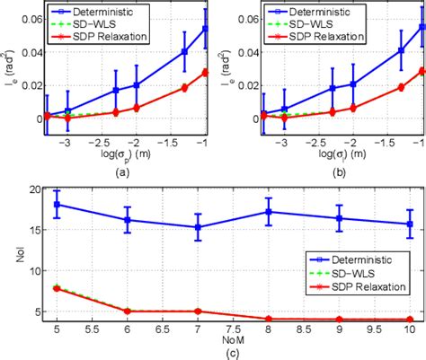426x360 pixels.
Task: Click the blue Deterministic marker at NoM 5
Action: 58,205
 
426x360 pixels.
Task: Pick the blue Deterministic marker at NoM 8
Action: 268,212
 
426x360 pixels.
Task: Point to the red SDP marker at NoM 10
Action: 409,319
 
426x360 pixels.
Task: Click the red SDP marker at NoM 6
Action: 128,312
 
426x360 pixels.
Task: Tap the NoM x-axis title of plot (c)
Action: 233,341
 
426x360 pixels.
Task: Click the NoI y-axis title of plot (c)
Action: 11,258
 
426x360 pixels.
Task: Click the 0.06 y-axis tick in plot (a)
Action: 28,19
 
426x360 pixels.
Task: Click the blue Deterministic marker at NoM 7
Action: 198,227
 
